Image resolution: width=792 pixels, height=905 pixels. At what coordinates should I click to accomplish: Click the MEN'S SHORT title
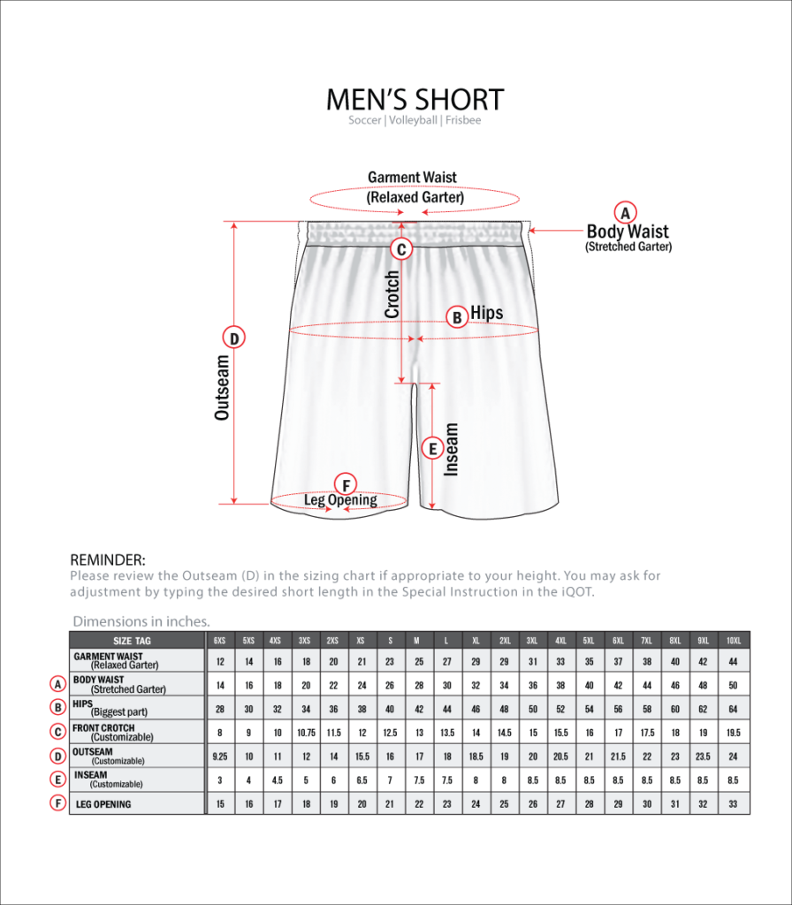[x=415, y=99]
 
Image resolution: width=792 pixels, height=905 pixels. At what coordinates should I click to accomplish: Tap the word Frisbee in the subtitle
[x=463, y=120]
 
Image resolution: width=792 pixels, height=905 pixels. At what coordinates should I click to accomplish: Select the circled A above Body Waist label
[x=626, y=212]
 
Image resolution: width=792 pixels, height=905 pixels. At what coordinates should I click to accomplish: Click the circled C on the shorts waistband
[x=401, y=249]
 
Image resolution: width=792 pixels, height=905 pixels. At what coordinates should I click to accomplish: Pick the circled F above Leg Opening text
[x=346, y=484]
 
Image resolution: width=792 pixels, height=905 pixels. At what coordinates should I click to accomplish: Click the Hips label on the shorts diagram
[x=487, y=313]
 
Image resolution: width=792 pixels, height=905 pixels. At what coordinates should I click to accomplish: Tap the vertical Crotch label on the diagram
[x=392, y=294]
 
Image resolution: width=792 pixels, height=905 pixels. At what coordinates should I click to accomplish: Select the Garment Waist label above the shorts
[x=413, y=178]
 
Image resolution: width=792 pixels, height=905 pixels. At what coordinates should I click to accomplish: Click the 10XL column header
[x=733, y=640]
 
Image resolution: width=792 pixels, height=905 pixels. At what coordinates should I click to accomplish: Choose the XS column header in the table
[x=360, y=640]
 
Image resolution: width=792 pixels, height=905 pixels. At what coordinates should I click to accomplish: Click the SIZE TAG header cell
[x=132, y=640]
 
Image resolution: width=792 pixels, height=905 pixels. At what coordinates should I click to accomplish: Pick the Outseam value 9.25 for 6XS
[x=220, y=757]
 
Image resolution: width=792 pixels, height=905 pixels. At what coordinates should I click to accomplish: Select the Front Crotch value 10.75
[x=305, y=733]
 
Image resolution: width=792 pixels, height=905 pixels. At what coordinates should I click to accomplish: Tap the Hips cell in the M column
[x=416, y=709]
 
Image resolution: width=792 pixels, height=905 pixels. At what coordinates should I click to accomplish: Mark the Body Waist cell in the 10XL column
[x=733, y=685]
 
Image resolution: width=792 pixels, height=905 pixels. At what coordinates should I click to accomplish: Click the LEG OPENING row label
[x=103, y=804]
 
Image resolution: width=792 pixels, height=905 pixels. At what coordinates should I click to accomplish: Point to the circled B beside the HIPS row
[x=57, y=707]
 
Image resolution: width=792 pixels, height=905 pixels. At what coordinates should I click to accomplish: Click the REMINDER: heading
[x=108, y=559]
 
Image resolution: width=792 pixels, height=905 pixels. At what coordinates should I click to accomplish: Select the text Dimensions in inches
[x=141, y=621]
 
